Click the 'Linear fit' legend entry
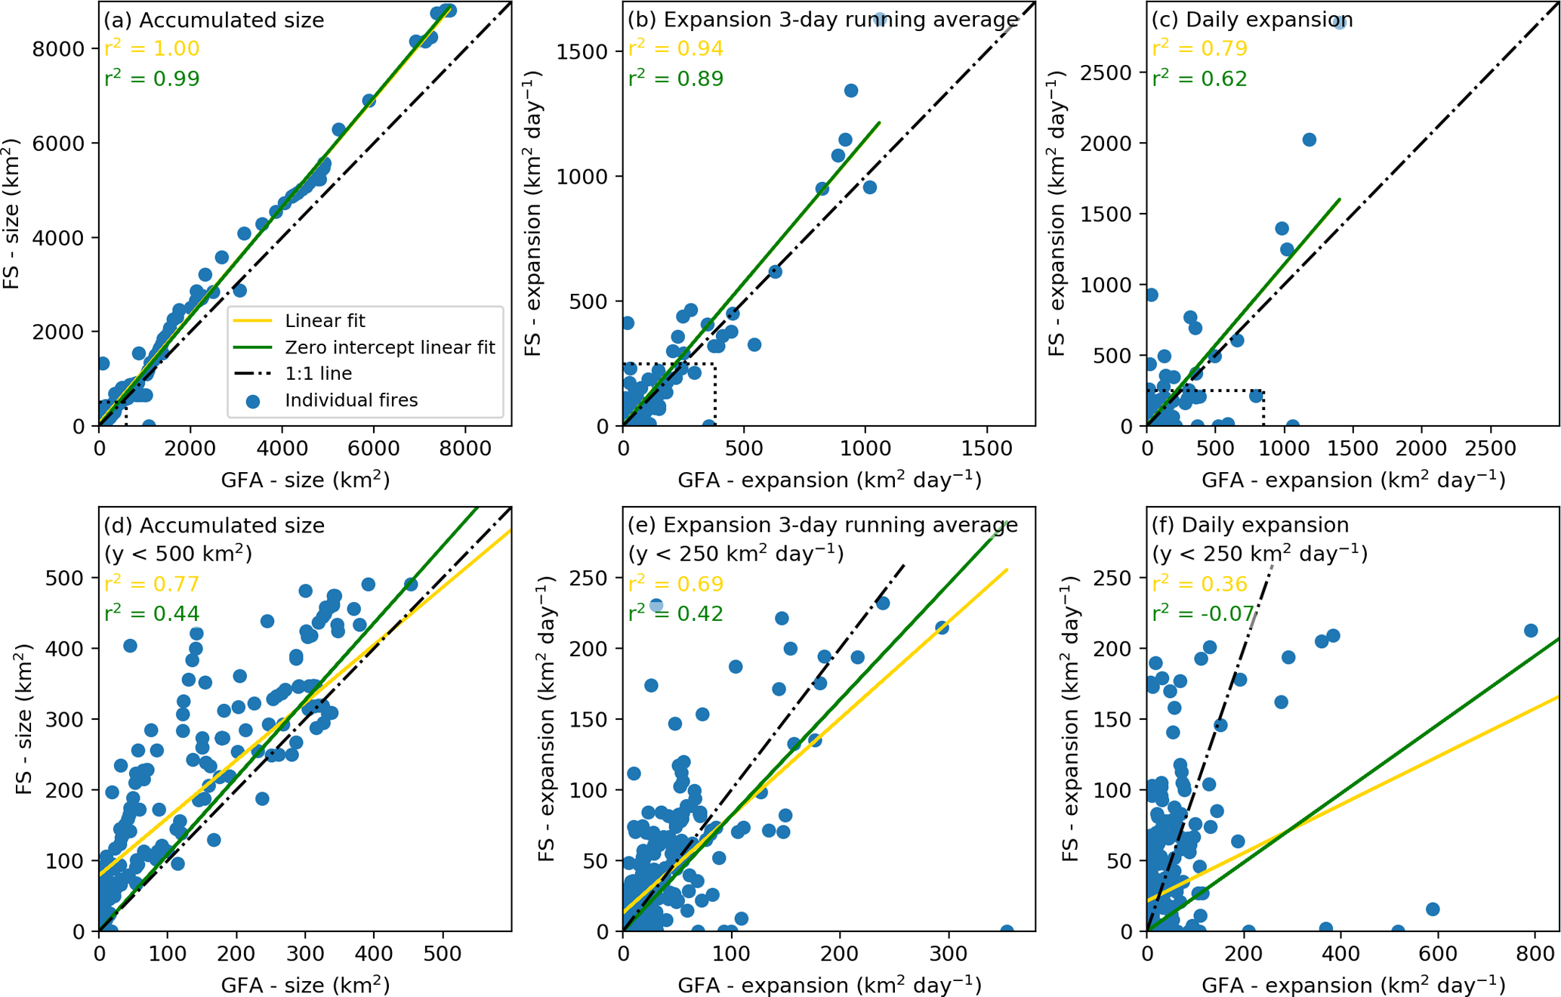[x=325, y=321]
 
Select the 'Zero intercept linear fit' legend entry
[x=390, y=347]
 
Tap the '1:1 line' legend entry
[x=318, y=374]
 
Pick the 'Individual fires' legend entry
[x=351, y=400]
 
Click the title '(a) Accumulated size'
[x=214, y=20]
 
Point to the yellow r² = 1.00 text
[x=152, y=48]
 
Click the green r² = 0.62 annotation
[x=1199, y=79]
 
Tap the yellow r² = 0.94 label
[x=676, y=48]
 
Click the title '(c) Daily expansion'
[x=1251, y=20]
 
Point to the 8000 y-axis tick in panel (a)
[x=57, y=49]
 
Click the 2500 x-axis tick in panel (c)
[x=1490, y=448]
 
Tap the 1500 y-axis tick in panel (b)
[x=582, y=51]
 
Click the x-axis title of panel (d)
[x=305, y=985]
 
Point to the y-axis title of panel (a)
[x=12, y=214]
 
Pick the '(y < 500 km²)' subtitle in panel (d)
[x=177, y=554]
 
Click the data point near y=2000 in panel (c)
[x=1310, y=140]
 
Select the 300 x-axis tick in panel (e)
[x=949, y=953]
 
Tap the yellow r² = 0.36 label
[x=1199, y=584]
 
